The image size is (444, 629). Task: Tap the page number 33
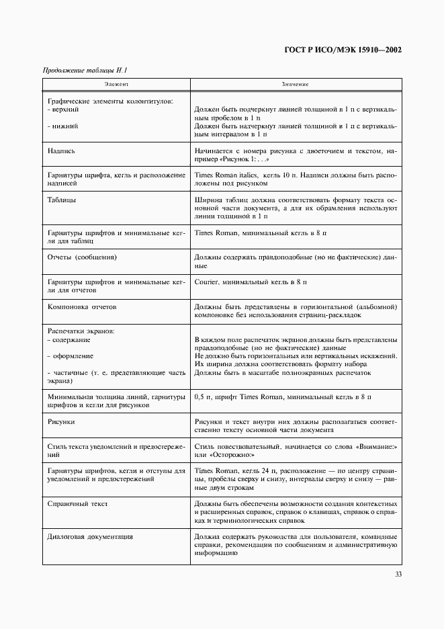tap(398, 574)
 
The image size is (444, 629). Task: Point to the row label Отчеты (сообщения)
tap(83, 257)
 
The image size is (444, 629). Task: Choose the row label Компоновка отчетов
tap(83, 306)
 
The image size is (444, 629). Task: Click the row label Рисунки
tap(61, 421)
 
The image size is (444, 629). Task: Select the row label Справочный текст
tap(78, 503)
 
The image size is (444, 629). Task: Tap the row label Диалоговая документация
tap(90, 537)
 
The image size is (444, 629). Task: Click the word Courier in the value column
tap(206, 282)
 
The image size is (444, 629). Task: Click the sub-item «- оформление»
tap(71, 355)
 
